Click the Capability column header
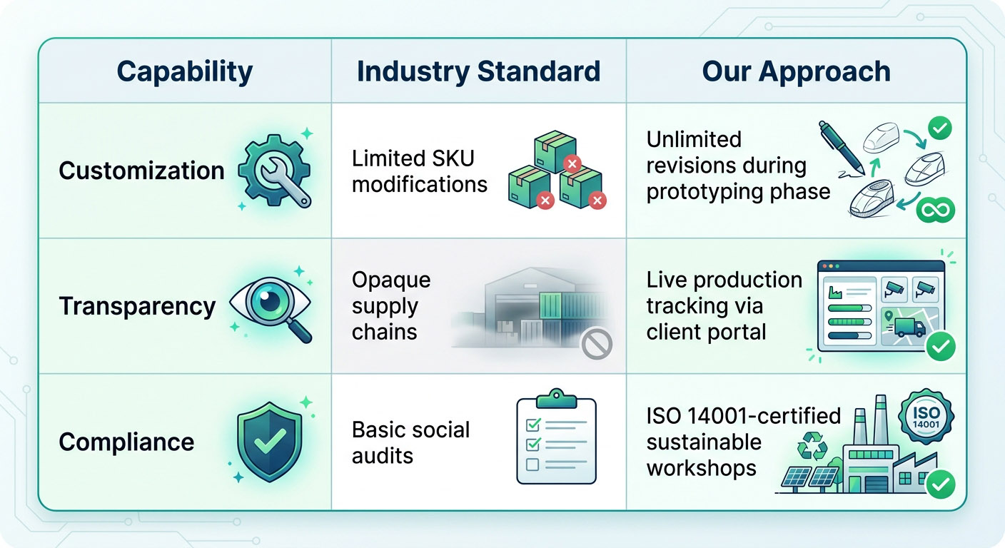pyautogui.click(x=184, y=71)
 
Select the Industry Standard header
pyautogui.click(x=478, y=71)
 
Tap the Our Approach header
pyautogui.click(x=796, y=71)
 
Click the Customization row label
pyautogui.click(x=141, y=171)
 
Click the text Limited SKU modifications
pyautogui.click(x=420, y=171)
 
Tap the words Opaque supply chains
pyautogui.click(x=391, y=305)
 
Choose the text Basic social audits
pyautogui.click(x=411, y=442)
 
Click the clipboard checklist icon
pyautogui.click(x=555, y=438)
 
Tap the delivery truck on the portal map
pyautogui.click(x=909, y=328)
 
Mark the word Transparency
pyautogui.click(x=137, y=306)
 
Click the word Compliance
pyautogui.click(x=126, y=442)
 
